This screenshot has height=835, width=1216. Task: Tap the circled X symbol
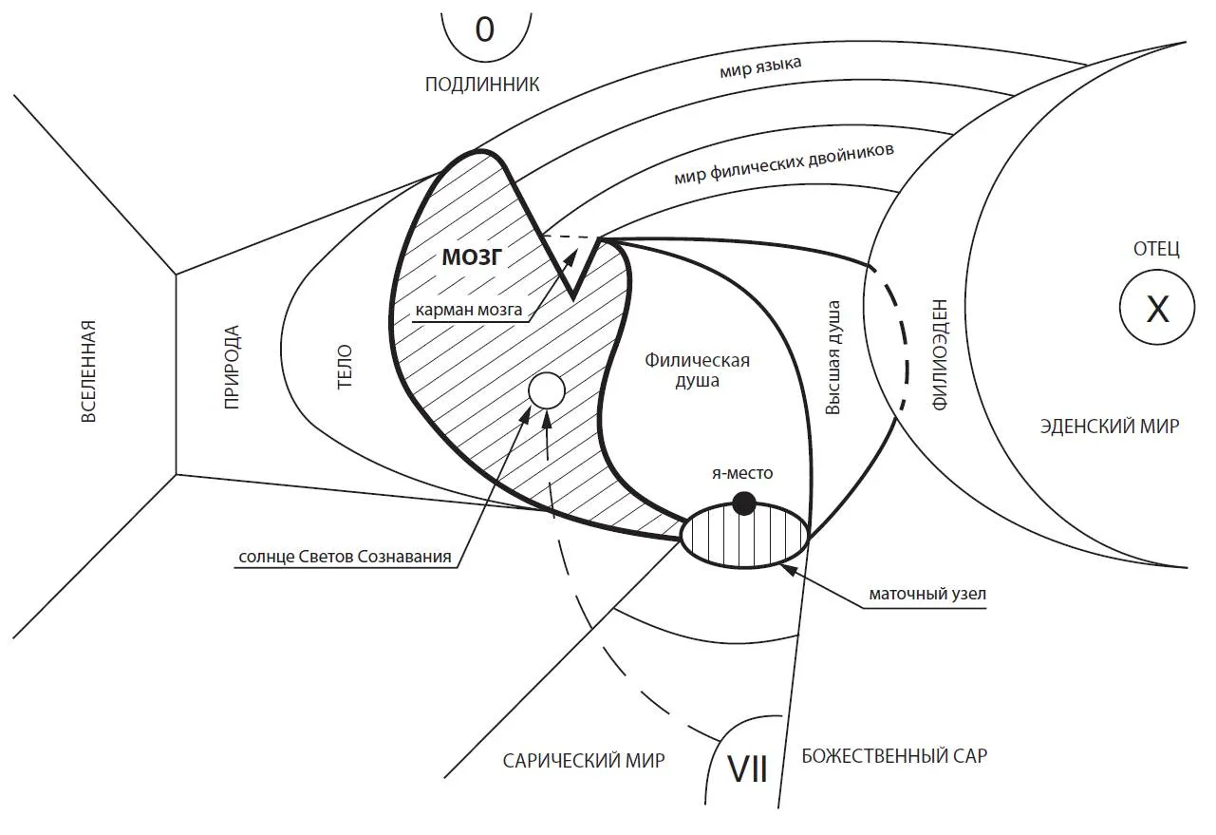pyautogui.click(x=1157, y=309)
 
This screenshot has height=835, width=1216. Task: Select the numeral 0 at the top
pyautogui.click(x=484, y=30)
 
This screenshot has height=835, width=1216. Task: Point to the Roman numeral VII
pyautogui.click(x=747, y=769)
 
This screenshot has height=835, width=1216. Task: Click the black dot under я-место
pyautogui.click(x=745, y=503)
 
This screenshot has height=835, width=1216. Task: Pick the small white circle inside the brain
pyautogui.click(x=546, y=390)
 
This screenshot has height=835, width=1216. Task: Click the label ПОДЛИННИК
pyautogui.click(x=482, y=85)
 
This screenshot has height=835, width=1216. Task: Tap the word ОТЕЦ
pyautogui.click(x=1156, y=249)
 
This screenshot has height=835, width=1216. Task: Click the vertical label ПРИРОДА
pyautogui.click(x=231, y=367)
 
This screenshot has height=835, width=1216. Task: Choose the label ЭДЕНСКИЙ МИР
pyautogui.click(x=1109, y=427)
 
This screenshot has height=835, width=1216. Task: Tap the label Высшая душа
pyautogui.click(x=833, y=358)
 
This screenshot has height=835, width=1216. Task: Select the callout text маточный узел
pyautogui.click(x=928, y=595)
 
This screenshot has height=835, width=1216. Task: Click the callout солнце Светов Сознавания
pyautogui.click(x=343, y=557)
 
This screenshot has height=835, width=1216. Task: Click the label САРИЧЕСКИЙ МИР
pyautogui.click(x=584, y=760)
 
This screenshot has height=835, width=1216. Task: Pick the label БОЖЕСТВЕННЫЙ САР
pyautogui.click(x=894, y=757)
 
